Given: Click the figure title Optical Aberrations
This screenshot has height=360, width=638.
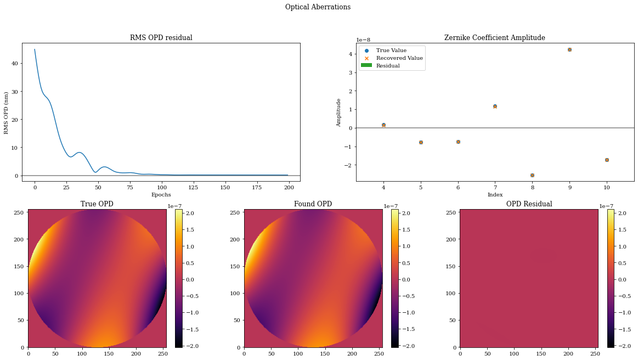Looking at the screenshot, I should coord(318,7).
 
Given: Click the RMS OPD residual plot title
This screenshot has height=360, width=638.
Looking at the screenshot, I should coord(161,38).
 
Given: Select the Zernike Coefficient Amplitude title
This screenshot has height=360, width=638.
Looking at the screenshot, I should coord(494,38).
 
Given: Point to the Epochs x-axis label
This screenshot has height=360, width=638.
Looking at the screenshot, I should coord(161,195).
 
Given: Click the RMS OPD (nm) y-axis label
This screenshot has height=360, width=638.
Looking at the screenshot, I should coord(7,113).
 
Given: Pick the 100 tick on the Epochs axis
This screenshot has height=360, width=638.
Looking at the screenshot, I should coord(161,187).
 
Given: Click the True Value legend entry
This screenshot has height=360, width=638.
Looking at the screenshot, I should coord(391,50).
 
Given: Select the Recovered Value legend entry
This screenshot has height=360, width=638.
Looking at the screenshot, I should coord(399,58).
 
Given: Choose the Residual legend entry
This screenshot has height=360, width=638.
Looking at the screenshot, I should coord(387,66).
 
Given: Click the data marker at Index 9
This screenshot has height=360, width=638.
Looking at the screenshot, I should coord(569,49).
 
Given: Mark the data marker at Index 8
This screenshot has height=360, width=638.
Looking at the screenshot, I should coord(532,175).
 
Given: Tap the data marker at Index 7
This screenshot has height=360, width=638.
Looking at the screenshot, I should coord(495,106).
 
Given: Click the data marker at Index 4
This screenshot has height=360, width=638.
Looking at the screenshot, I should coord(383,125).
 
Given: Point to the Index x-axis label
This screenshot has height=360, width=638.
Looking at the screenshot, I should coord(495,195).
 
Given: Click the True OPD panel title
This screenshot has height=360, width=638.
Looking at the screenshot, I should coord(97,204).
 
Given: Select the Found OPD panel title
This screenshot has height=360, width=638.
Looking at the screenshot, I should coord(313,204).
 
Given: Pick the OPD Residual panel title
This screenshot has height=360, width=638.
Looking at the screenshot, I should coord(529,204).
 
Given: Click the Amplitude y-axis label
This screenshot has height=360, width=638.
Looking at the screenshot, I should coord(339,113).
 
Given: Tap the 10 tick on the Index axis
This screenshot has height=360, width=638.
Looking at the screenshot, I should coord(607,187).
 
